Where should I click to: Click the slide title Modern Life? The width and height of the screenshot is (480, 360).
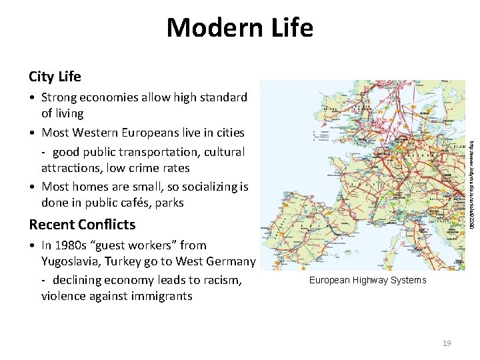(x=239, y=28)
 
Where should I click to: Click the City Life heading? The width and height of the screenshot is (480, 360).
(x=55, y=77)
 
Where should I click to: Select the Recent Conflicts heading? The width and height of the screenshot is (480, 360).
(x=82, y=224)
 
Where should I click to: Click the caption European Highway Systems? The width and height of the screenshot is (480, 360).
(x=367, y=280)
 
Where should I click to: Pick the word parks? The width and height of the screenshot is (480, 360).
(x=169, y=203)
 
